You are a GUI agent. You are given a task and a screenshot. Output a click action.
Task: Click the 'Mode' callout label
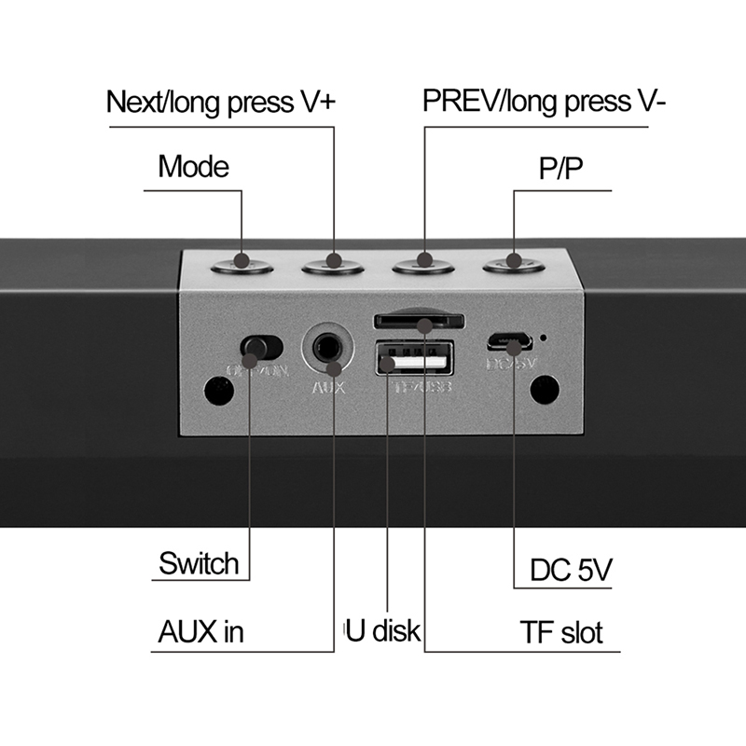click(193, 168)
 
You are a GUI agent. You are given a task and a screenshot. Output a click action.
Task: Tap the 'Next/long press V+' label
click(219, 102)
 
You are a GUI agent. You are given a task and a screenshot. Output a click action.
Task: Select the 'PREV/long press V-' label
click(544, 102)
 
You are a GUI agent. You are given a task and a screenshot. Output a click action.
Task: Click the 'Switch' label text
click(199, 563)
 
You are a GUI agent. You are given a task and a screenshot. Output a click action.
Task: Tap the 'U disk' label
click(382, 631)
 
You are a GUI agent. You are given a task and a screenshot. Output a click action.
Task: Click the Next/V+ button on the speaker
click(334, 266)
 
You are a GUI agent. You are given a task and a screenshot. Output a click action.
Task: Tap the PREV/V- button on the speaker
click(424, 266)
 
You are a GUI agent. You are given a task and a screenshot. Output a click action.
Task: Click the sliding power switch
click(260, 349)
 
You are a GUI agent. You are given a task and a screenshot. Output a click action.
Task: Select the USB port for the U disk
click(415, 359)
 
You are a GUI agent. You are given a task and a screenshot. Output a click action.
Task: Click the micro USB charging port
click(508, 339)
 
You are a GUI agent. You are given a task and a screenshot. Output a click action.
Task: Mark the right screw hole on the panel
click(544, 389)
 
